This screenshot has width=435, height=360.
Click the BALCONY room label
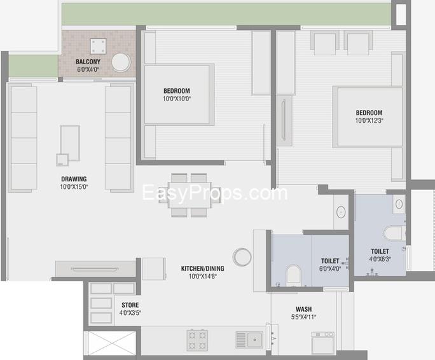click(x=88, y=62)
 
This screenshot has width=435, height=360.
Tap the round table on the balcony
click(x=121, y=62)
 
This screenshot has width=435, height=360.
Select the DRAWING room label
click(x=74, y=179)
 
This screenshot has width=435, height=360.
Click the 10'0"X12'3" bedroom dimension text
click(x=369, y=120)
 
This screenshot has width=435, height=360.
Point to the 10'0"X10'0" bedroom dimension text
click(x=177, y=99)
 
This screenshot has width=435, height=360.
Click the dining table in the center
click(x=190, y=195)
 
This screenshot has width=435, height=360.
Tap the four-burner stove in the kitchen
click(x=197, y=340)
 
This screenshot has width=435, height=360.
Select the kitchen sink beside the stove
click(x=249, y=340)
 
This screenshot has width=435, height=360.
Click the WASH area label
click(x=303, y=309)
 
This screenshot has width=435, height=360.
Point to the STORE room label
click(x=130, y=305)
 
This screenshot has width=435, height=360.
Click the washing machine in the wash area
click(x=323, y=343)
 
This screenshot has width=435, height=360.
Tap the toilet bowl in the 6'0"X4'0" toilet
click(x=294, y=275)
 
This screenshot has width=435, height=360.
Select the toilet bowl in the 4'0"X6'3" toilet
click(x=394, y=233)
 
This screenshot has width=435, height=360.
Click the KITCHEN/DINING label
click(x=202, y=268)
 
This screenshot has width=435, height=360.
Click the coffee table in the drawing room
click(x=70, y=143)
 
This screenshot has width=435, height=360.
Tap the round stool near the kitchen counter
click(x=242, y=257)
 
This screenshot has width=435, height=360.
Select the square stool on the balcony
click(x=98, y=46)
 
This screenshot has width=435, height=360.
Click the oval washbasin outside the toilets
click(x=341, y=212)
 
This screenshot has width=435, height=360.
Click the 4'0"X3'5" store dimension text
click(x=130, y=313)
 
